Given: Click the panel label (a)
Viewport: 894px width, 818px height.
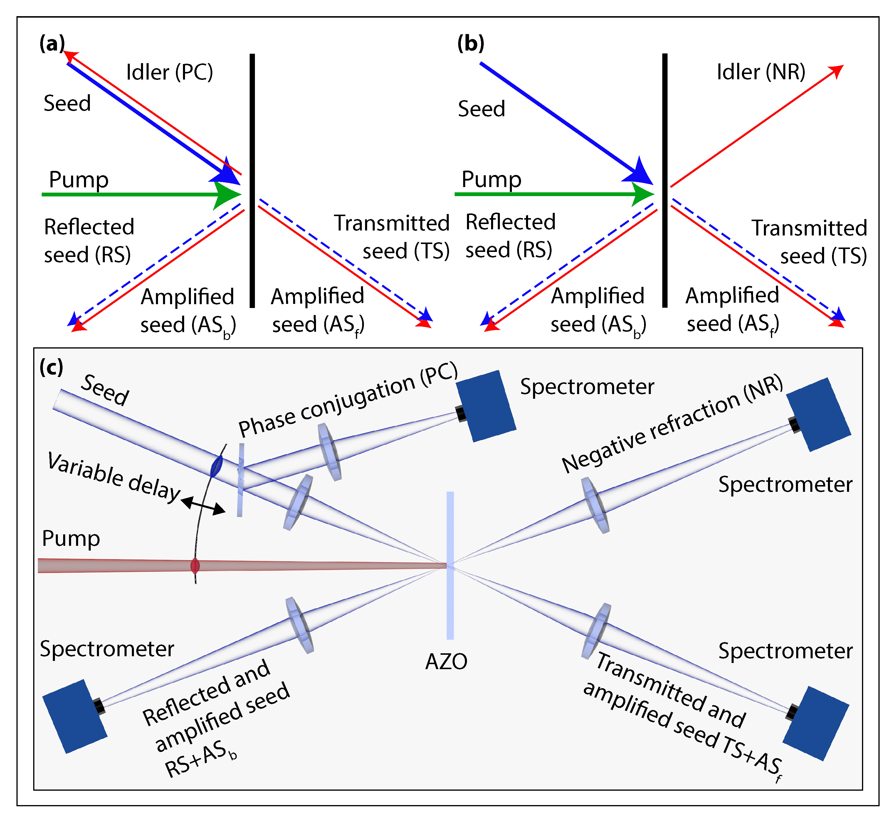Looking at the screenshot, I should coord(52,44).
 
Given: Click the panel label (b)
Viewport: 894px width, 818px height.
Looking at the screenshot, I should coord(470,44).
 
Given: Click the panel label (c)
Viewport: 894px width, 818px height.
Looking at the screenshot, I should coord(51,368).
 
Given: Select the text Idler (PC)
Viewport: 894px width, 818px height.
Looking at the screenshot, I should coord(169,72).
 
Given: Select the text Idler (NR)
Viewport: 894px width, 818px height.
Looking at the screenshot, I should coord(761,72).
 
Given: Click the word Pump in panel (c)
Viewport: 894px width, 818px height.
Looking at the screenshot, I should coord(71,539).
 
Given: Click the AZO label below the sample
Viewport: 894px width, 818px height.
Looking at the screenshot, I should coord(446,662).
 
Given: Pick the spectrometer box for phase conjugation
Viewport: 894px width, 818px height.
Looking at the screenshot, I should coord(486,406).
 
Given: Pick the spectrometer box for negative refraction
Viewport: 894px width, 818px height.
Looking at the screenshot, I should coord(819,415).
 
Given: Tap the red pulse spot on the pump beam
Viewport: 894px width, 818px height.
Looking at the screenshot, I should coord(195,566).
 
